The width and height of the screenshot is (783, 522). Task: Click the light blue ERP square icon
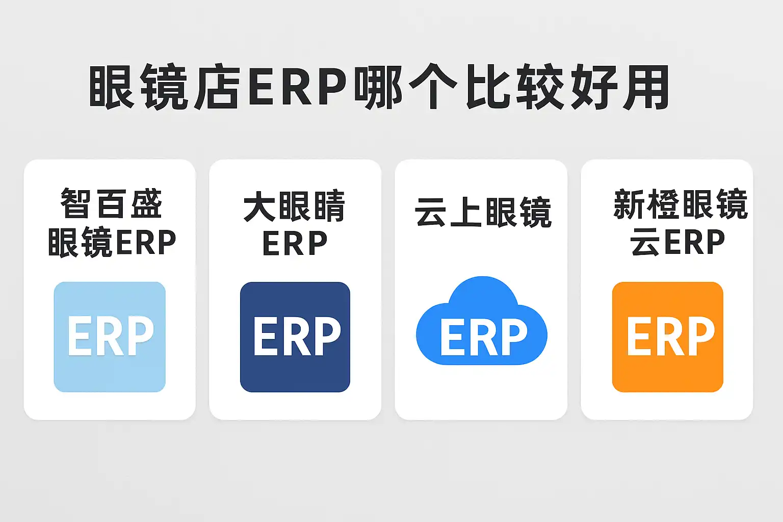tap(110, 337)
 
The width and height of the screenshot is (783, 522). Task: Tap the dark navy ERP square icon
tap(295, 337)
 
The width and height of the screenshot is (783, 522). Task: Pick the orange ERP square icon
tap(668, 337)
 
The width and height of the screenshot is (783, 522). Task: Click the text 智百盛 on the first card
tap(112, 203)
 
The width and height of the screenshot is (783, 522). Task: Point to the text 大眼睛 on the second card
tap(295, 206)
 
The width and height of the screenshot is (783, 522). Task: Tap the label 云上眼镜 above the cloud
tap(483, 212)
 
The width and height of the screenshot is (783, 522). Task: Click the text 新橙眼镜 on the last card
tap(681, 204)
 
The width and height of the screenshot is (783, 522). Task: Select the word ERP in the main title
tap(297, 87)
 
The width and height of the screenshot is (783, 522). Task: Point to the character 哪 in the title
tap(378, 87)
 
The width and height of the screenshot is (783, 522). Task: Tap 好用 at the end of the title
tap(620, 87)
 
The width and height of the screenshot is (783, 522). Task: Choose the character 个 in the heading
tap(432, 87)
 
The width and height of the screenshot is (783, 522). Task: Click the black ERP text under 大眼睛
tap(295, 244)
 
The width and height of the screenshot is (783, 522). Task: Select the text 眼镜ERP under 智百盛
tap(112, 242)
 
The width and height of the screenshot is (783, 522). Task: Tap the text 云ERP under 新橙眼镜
tap(677, 242)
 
